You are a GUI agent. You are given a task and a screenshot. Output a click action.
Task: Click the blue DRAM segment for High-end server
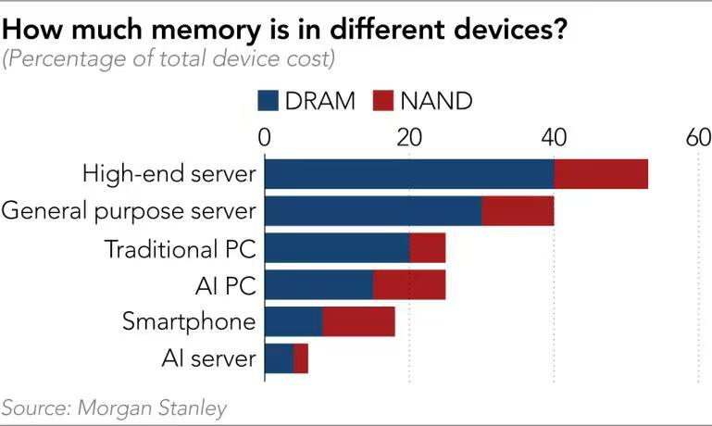(x=409, y=174)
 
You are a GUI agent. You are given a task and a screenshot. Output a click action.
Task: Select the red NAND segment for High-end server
(x=601, y=174)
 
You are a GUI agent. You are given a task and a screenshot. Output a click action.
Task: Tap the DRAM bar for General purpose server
(x=373, y=211)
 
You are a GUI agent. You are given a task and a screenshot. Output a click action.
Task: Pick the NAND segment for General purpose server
(x=518, y=211)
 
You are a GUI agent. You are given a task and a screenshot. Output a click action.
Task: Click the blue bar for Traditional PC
(x=337, y=248)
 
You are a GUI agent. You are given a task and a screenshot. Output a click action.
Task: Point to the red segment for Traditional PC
(x=427, y=248)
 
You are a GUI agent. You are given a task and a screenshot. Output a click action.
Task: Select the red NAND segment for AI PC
(x=408, y=285)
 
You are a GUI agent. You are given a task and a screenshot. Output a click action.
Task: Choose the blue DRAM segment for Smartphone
(x=294, y=322)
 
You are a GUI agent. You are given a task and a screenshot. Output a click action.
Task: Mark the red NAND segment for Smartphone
(x=358, y=322)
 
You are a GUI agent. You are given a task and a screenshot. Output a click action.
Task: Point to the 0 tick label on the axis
(x=265, y=139)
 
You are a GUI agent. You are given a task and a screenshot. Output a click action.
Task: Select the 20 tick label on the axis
(x=409, y=139)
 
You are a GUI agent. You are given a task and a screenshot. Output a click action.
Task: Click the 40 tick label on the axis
(x=554, y=139)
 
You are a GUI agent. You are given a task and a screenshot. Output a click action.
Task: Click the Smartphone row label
(x=188, y=322)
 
